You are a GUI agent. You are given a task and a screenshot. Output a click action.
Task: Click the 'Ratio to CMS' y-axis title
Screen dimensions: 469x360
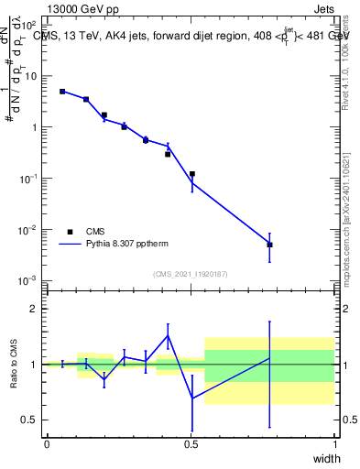tap(16, 365)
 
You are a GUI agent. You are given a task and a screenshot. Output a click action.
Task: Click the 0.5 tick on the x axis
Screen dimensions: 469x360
tap(191, 443)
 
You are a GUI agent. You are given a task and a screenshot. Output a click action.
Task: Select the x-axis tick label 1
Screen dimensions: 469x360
tap(335, 443)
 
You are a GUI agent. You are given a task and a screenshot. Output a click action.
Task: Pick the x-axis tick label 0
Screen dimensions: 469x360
tap(47, 443)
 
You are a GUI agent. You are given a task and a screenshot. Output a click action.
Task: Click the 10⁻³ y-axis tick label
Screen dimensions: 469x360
tap(28, 280)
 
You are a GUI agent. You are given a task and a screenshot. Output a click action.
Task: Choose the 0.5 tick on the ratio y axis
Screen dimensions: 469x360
tap(30, 420)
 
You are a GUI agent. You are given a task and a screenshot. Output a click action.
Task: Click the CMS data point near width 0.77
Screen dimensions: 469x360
tap(269, 245)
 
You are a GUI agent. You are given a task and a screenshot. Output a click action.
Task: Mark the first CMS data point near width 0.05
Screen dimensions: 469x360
tap(62, 92)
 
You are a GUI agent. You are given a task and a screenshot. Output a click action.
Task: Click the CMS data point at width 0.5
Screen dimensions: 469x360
tap(192, 174)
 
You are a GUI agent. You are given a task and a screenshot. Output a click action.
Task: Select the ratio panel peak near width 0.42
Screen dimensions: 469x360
tap(168, 335)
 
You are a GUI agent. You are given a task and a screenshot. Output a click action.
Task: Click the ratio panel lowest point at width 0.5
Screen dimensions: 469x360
tap(192, 398)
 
